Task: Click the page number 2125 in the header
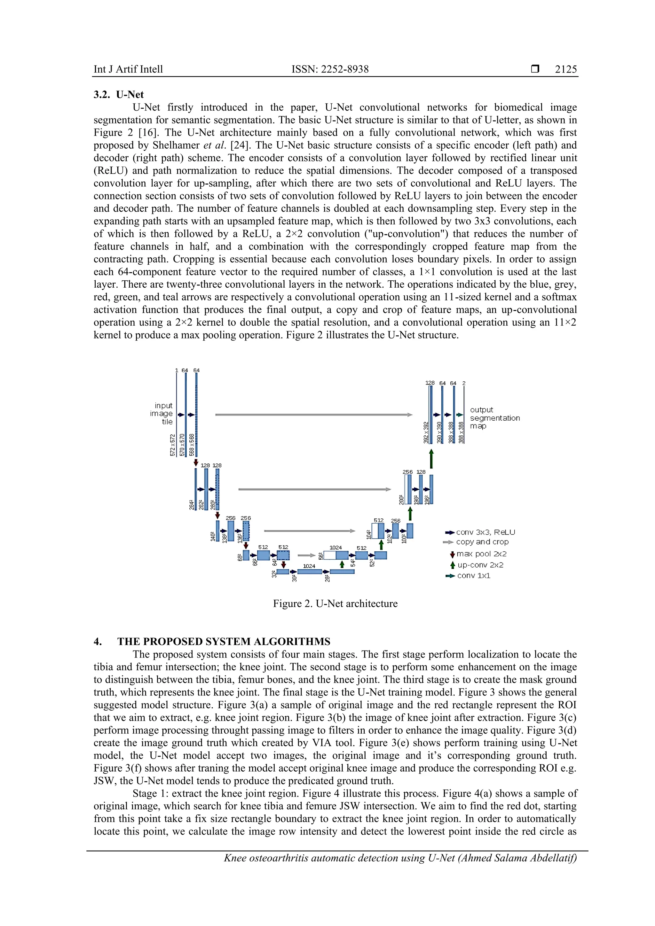pyautogui.click(x=565, y=69)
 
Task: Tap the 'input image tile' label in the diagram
pyautogui.click(x=162, y=413)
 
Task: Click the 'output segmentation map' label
pyautogui.click(x=494, y=418)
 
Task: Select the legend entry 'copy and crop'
pyautogui.click(x=482, y=542)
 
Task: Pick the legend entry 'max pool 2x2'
pyautogui.click(x=481, y=554)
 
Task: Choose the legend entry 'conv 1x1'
pyautogui.click(x=473, y=576)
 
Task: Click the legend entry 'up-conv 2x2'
pyautogui.click(x=480, y=565)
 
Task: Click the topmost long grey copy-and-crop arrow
pyautogui.click(x=313, y=415)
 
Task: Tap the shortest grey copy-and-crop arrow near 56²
pyautogui.click(x=306, y=555)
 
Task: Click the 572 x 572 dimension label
pyautogui.click(x=173, y=445)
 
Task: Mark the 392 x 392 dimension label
pyautogui.click(x=426, y=432)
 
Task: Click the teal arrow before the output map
pyautogui.click(x=459, y=415)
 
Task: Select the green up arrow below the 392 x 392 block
pyautogui.click(x=431, y=459)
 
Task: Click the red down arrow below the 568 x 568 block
pyautogui.click(x=196, y=462)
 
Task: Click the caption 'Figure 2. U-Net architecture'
pyautogui.click(x=335, y=603)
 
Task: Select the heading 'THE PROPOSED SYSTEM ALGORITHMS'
pyautogui.click(x=224, y=641)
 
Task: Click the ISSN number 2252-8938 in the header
pyautogui.click(x=343, y=69)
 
